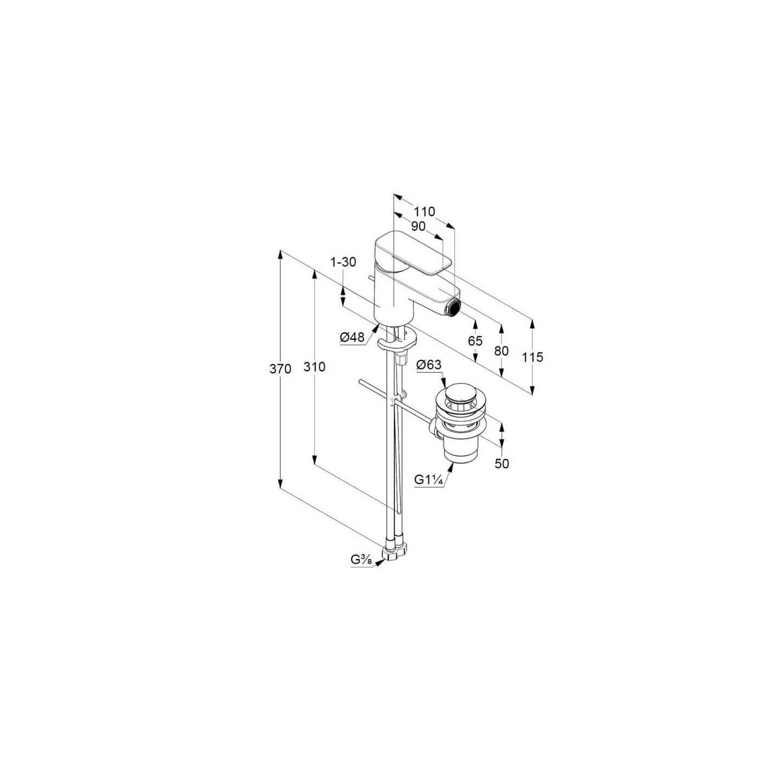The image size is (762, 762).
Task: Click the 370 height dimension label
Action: point(280,369)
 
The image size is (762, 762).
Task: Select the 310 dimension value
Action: point(315,367)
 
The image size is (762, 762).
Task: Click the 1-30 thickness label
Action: point(343,262)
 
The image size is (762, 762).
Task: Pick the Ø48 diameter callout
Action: point(352,337)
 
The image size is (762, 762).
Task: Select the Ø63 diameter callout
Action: point(429,365)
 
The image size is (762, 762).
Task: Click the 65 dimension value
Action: point(475,341)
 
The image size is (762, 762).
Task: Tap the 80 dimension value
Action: point(501,351)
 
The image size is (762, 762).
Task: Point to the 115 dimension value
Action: point(532,357)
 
